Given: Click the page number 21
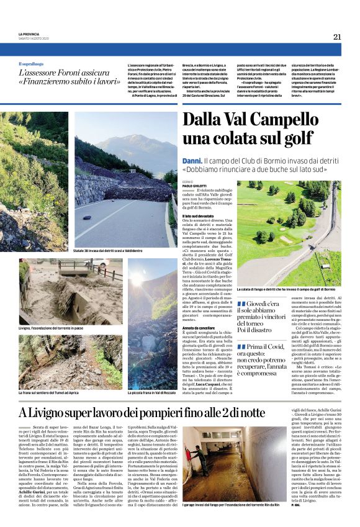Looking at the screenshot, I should [x=337, y=37].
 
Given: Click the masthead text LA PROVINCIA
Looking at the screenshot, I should [x=29, y=34].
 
